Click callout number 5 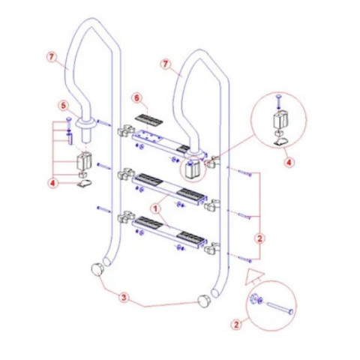point(64,106)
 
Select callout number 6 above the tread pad point(137,97)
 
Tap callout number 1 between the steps point(156,208)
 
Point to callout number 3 point(124,298)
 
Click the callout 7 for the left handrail point(52,57)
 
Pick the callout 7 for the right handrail point(166,64)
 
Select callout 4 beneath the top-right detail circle point(289,163)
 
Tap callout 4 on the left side point(52,183)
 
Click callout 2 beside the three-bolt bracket point(259,238)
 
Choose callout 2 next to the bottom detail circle point(236,325)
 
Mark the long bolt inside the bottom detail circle point(280,307)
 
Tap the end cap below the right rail point(205,301)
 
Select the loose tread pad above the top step point(148,120)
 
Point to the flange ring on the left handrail point(86,123)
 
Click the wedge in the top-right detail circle point(281,142)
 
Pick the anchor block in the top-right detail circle point(281,120)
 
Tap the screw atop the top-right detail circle point(278,101)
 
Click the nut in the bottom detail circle point(253,298)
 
